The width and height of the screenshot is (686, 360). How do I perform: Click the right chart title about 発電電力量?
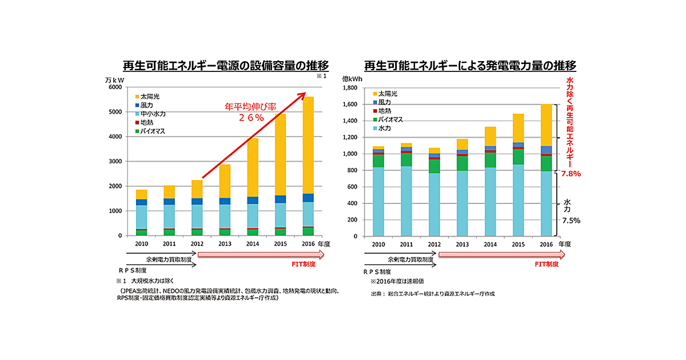point(470,65)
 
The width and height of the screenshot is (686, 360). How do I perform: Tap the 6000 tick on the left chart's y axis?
point(114,87)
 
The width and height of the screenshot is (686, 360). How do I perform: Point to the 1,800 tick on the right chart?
point(349,88)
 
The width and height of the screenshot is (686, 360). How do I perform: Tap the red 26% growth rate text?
point(251,118)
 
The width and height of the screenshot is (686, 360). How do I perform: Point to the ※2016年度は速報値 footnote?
point(397,281)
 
